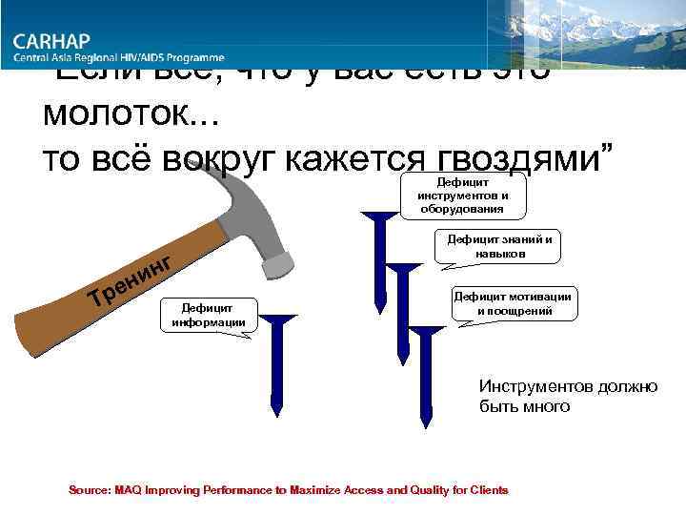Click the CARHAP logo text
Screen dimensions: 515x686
pos(64,42)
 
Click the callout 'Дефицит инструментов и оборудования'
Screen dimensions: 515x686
pos(463,196)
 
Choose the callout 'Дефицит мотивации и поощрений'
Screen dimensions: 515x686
pos(513,303)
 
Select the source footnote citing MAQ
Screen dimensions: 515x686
pos(288,490)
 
